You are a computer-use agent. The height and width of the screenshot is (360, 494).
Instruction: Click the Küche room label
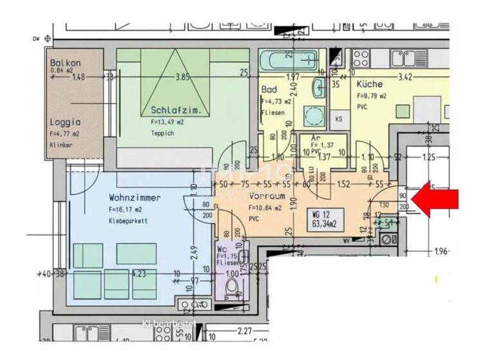click(x=369, y=84)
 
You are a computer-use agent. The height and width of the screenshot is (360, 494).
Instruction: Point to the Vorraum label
click(x=266, y=198)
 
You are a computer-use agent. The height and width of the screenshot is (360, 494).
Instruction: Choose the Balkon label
click(x=65, y=63)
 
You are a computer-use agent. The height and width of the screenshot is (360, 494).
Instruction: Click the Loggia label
click(x=64, y=122)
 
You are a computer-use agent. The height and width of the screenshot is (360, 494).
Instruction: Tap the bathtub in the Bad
click(x=288, y=63)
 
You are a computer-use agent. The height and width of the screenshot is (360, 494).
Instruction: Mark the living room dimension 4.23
click(x=138, y=273)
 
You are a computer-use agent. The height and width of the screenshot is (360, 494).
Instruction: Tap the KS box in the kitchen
click(x=338, y=120)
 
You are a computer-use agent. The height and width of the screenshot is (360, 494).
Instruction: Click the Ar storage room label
click(x=315, y=138)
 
